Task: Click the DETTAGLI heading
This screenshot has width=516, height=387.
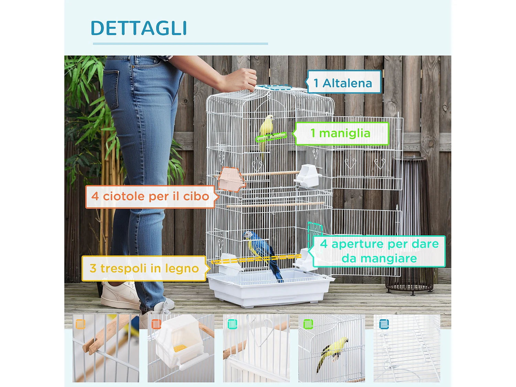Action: (139, 28)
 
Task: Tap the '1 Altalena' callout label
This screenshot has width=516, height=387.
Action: (343, 83)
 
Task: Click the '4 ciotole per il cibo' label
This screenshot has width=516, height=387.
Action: (150, 196)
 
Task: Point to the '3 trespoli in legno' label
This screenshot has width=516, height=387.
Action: (144, 268)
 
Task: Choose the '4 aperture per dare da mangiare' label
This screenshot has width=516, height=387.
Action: (379, 251)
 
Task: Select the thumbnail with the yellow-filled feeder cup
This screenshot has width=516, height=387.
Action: (181, 348)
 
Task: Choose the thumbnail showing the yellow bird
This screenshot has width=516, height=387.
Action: (332, 348)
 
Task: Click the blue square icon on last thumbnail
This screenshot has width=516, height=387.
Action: (384, 324)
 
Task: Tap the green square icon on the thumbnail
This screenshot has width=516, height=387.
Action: (308, 324)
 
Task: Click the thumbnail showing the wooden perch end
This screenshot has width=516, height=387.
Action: (106, 348)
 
